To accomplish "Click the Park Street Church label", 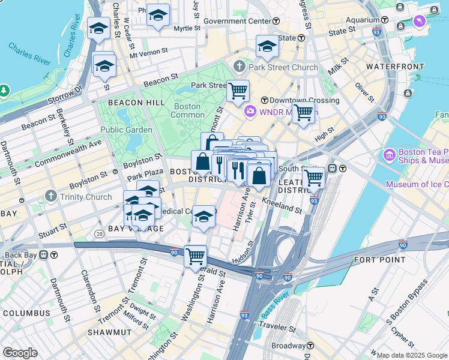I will coord(284,67).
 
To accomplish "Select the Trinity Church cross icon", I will coord(50,196).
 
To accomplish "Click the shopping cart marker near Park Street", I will coord(238,91).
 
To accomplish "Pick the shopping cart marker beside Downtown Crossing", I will coord(304,112).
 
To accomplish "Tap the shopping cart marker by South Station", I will coord(314,178).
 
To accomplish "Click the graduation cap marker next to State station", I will coord(267,46).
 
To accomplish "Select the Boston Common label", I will coord(188,110).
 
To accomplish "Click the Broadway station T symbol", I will coord(310,346).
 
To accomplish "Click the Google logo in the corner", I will coord(20,353).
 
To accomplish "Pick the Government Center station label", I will coord(237,21).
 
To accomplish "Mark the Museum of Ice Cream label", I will coord(418,185).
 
